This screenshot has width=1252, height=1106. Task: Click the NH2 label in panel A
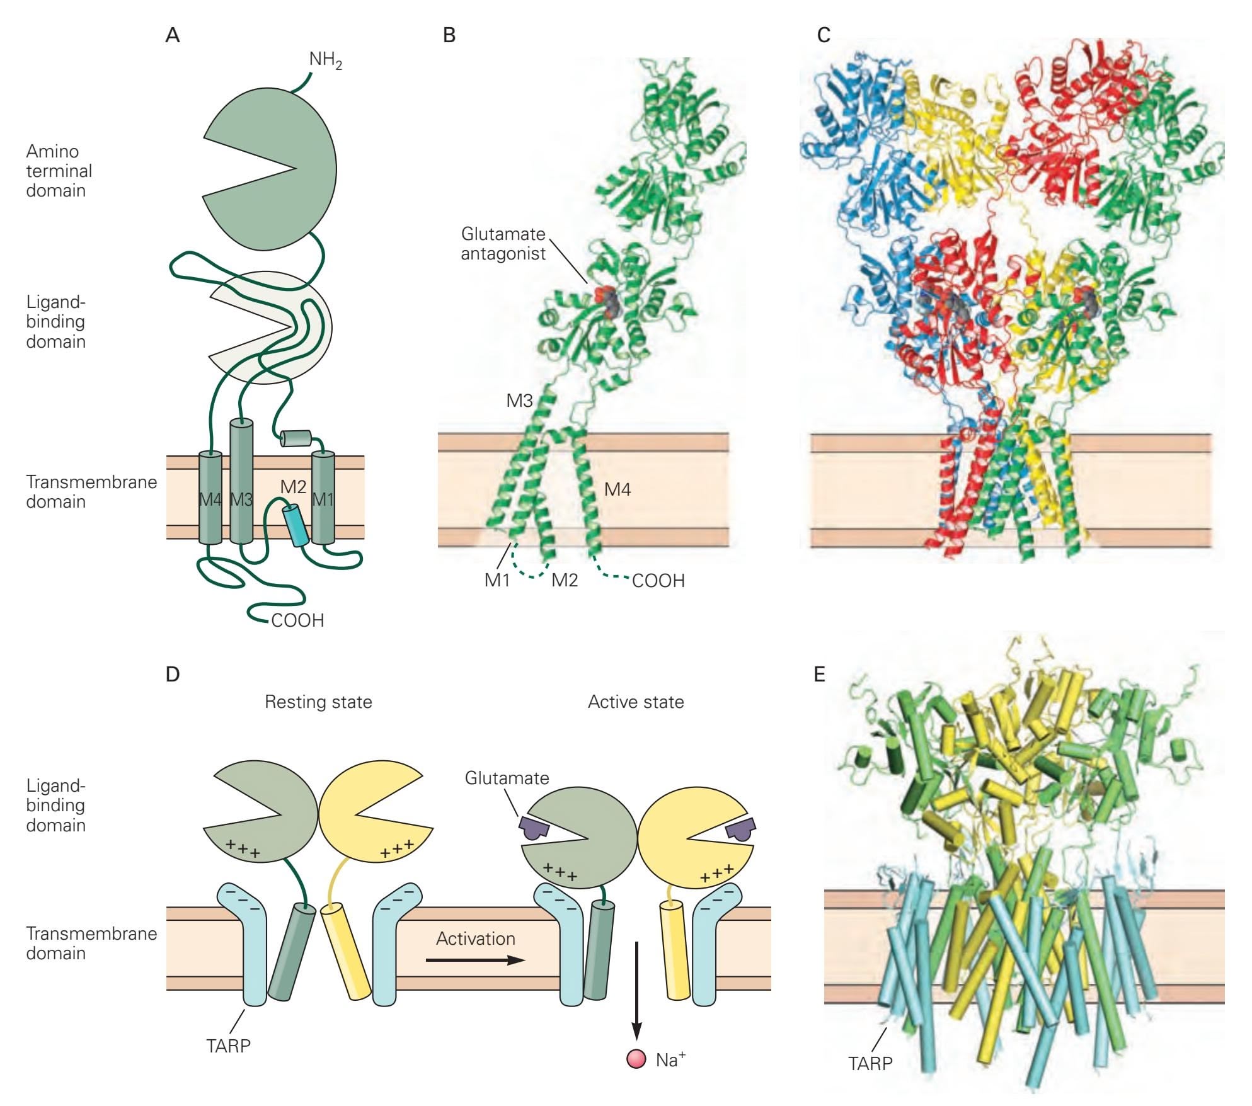click(x=325, y=60)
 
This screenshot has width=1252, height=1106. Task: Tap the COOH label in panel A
click(x=297, y=620)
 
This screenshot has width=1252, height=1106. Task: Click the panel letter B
click(x=449, y=35)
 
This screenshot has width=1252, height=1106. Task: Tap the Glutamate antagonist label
click(x=503, y=244)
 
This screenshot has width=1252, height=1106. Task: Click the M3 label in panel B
click(x=520, y=401)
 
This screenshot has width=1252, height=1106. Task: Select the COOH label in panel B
click(x=658, y=581)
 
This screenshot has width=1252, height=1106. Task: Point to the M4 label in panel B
click(x=617, y=489)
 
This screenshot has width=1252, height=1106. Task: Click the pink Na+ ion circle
click(x=636, y=1059)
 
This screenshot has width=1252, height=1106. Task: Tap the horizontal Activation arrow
click(x=475, y=961)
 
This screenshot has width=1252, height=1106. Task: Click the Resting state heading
click(x=318, y=702)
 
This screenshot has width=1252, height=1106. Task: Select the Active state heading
click(x=636, y=702)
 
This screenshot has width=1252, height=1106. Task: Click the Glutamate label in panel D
click(x=507, y=778)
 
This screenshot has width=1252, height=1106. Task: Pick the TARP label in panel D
click(x=228, y=1046)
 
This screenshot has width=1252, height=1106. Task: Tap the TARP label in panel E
click(x=870, y=1064)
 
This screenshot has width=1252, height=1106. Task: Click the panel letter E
click(x=819, y=675)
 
